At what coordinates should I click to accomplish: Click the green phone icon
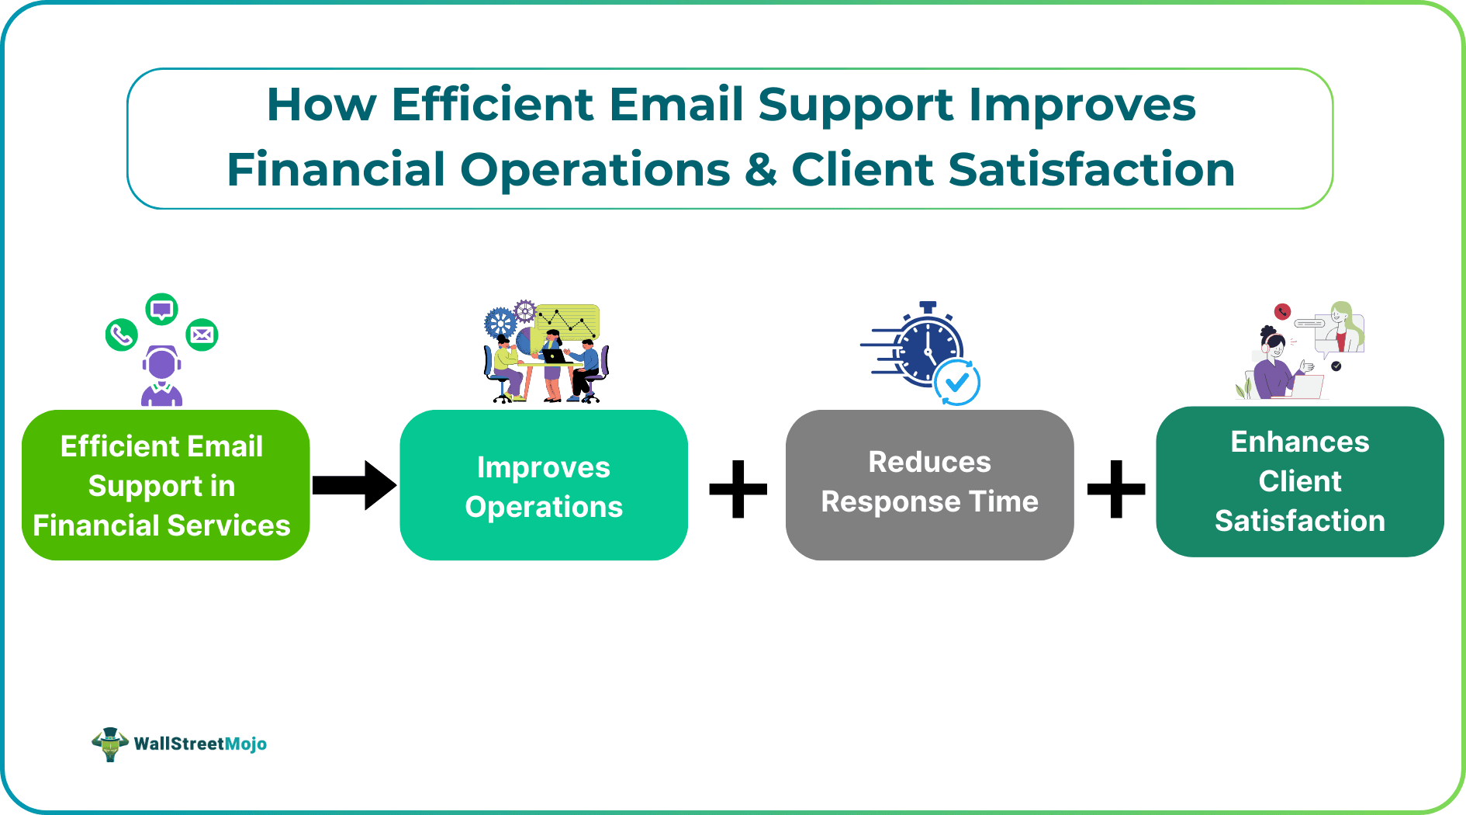coord(121,335)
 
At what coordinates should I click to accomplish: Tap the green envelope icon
coord(202,335)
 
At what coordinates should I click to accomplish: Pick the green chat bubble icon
coord(161,310)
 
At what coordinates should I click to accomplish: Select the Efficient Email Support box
coord(165,485)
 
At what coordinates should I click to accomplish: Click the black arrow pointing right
coord(354,485)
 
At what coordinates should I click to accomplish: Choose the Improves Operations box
coord(543,485)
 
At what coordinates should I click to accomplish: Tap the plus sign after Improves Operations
coord(738,488)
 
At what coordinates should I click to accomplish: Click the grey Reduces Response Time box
coord(929,485)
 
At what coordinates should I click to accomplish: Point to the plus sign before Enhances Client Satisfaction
coord(1115,488)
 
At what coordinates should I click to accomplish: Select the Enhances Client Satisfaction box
coord(1299,481)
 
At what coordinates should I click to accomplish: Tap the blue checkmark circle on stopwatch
coord(957,382)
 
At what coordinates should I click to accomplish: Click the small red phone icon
coord(1282,312)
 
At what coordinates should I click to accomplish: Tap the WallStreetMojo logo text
coord(199,744)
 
